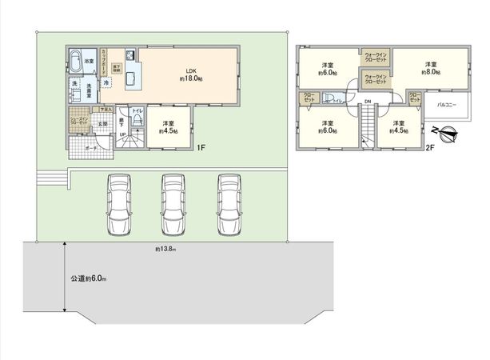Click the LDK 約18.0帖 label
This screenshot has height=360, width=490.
point(191,74)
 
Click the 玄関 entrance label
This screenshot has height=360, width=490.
point(102,125)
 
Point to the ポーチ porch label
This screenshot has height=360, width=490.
point(92,149)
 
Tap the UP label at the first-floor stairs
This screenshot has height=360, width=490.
point(122,134)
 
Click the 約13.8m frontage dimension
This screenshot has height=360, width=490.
point(165,250)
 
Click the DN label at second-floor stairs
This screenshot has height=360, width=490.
point(368,101)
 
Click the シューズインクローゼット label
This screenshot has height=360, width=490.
point(78,121)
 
